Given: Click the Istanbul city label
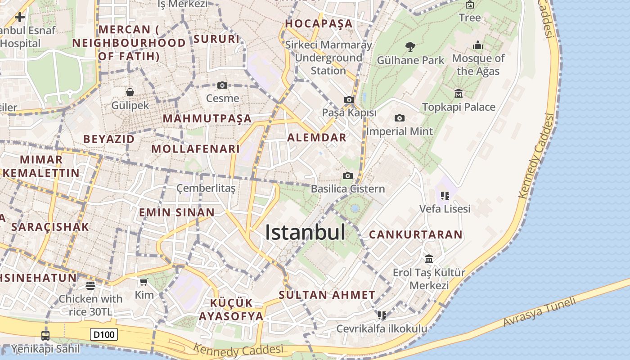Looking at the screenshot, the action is click(x=305, y=233).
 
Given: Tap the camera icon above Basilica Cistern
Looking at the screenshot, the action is click(x=347, y=175).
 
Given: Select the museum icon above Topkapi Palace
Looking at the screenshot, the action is click(x=459, y=93).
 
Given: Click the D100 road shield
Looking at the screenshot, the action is click(x=104, y=334).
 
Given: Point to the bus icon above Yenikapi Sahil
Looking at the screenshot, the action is click(x=45, y=335).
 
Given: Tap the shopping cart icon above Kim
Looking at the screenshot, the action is click(x=144, y=282).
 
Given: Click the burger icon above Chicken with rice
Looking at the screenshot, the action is click(x=90, y=285).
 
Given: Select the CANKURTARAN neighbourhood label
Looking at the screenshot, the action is click(x=415, y=234).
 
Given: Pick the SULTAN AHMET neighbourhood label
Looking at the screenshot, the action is click(x=327, y=295).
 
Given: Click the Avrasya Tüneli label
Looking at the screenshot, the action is click(x=539, y=312).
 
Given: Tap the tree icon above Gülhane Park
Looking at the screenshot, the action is click(x=410, y=46).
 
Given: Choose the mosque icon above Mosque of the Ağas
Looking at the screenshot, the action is click(x=478, y=45).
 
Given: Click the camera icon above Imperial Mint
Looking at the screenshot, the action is click(x=399, y=118).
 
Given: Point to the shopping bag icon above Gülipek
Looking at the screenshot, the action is click(x=130, y=92).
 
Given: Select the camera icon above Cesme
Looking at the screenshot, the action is click(x=222, y=85).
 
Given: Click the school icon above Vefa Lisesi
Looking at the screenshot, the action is click(x=445, y=195).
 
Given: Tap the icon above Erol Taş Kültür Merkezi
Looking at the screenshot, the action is click(x=429, y=259).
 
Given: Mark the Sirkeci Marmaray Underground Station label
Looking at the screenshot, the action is click(x=328, y=58).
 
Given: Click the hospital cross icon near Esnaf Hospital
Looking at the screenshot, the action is click(x=19, y=17).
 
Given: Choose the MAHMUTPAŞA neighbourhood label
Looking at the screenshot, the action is click(x=207, y=119).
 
